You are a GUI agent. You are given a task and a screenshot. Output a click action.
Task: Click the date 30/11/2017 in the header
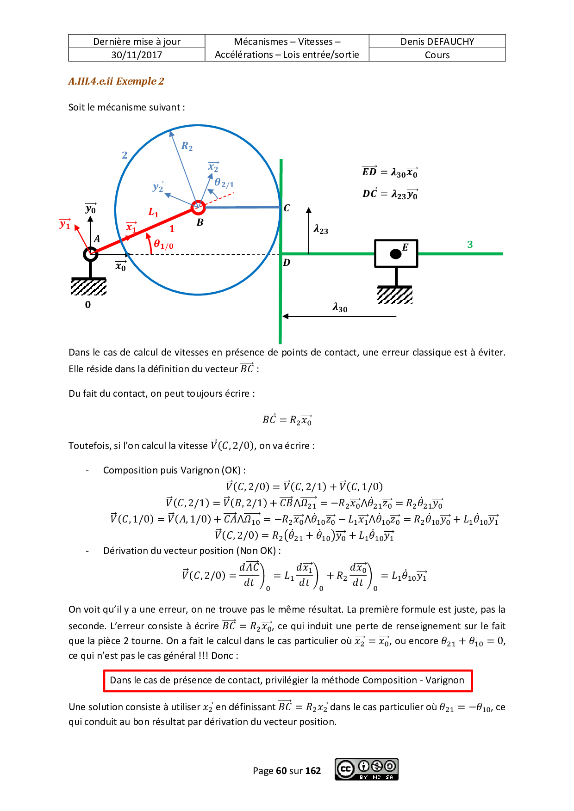[x=137, y=55]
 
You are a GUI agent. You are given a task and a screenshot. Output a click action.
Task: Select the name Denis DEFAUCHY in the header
[x=437, y=42]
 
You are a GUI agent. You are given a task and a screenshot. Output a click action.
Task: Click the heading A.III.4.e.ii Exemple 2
[x=116, y=81]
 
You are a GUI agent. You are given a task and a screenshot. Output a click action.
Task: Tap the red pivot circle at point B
[x=198, y=207]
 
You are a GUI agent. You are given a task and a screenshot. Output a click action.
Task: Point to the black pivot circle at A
[x=90, y=254]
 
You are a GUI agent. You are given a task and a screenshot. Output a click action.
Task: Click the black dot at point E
[x=395, y=253]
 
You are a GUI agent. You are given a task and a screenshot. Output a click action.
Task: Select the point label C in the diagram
[x=287, y=208]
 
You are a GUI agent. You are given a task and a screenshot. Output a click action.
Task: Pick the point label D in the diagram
[x=287, y=263]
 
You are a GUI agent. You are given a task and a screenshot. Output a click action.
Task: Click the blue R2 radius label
[x=187, y=147]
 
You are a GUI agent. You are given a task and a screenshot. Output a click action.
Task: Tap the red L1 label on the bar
[x=153, y=213]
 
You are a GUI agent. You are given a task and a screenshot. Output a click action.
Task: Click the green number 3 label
[x=470, y=245]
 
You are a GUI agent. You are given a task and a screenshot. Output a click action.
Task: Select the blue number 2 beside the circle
[x=125, y=155]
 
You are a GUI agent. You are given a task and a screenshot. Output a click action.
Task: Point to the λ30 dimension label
[x=340, y=308]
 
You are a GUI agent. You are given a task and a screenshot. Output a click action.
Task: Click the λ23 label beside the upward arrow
[x=321, y=230]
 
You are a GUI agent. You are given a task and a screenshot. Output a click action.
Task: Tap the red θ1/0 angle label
[x=163, y=244]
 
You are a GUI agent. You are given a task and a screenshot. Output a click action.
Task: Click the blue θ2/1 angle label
[x=224, y=183]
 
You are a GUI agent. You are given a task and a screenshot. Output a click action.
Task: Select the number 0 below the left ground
[x=88, y=305]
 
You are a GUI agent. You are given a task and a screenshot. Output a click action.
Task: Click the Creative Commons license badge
[x=366, y=769]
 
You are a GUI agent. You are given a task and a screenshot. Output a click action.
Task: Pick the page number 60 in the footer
[x=281, y=771]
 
